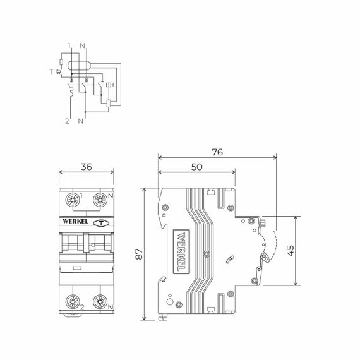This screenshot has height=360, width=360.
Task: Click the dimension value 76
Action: pyautogui.click(x=217, y=152)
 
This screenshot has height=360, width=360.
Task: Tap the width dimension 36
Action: pyautogui.click(x=86, y=167)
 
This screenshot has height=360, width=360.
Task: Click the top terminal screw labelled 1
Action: pyautogui.click(x=73, y=201)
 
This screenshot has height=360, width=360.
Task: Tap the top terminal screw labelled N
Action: pyautogui.click(x=99, y=201)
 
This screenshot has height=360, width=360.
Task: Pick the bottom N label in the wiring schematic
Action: pyautogui.click(x=81, y=119)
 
